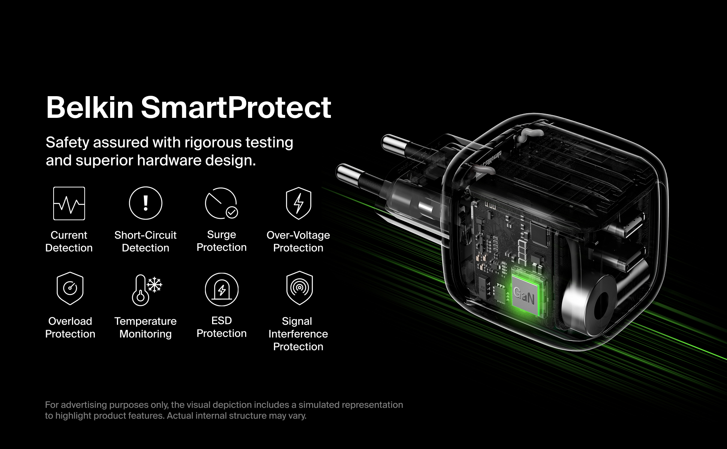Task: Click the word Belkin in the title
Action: tap(90, 107)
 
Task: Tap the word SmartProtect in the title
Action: tap(236, 107)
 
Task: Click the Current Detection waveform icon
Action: tap(69, 203)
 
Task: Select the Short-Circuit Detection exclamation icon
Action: tap(145, 203)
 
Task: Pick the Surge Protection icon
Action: tap(221, 203)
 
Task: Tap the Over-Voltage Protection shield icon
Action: tap(298, 203)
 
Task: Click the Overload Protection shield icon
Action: tap(70, 289)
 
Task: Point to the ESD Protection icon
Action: tap(221, 289)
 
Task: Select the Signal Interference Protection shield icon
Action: tap(299, 288)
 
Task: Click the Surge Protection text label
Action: tap(221, 241)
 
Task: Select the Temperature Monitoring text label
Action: tap(145, 327)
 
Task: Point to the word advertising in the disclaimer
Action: tap(84, 405)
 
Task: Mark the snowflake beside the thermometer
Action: tap(154, 285)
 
